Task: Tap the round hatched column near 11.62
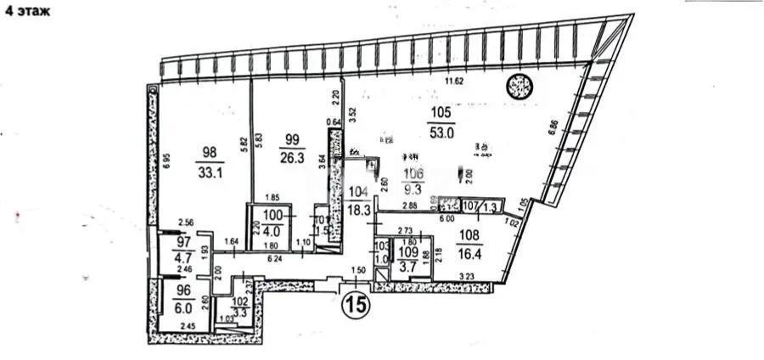[518, 85]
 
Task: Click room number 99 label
[294, 139]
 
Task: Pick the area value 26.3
[294, 155]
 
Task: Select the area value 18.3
[359, 209]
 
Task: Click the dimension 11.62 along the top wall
[459, 82]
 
